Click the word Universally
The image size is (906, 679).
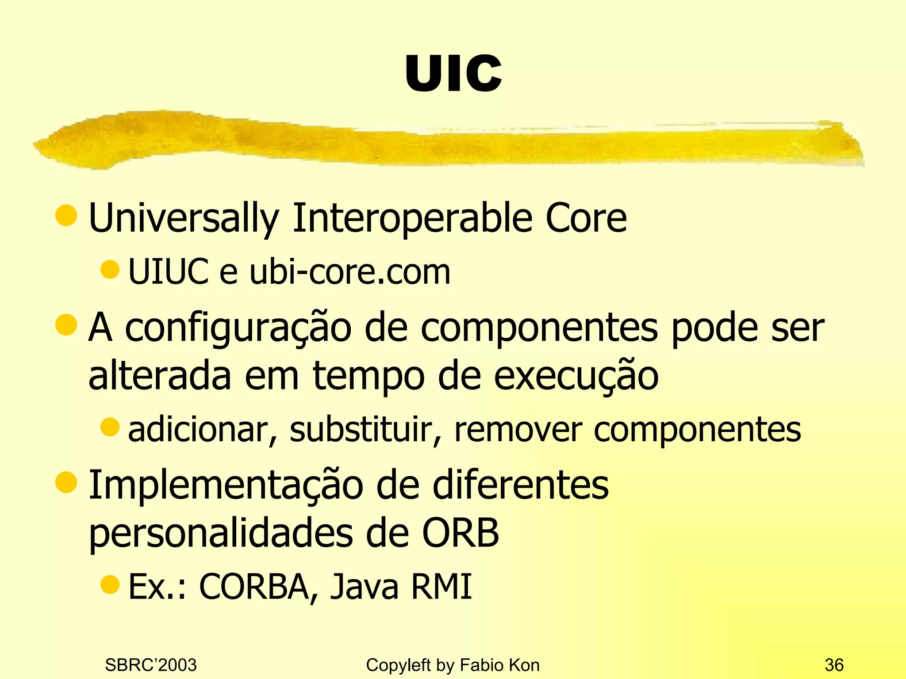[x=184, y=217]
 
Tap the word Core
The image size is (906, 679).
[x=586, y=217]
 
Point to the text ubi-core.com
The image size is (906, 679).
[x=350, y=271]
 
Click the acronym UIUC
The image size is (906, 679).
[x=168, y=271]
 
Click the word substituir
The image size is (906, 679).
[x=365, y=429]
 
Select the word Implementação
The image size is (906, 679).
[x=226, y=485]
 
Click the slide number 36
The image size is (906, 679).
[x=834, y=665]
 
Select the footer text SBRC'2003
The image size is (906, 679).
[x=151, y=665]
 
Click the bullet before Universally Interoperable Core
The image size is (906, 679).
[x=66, y=215]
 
